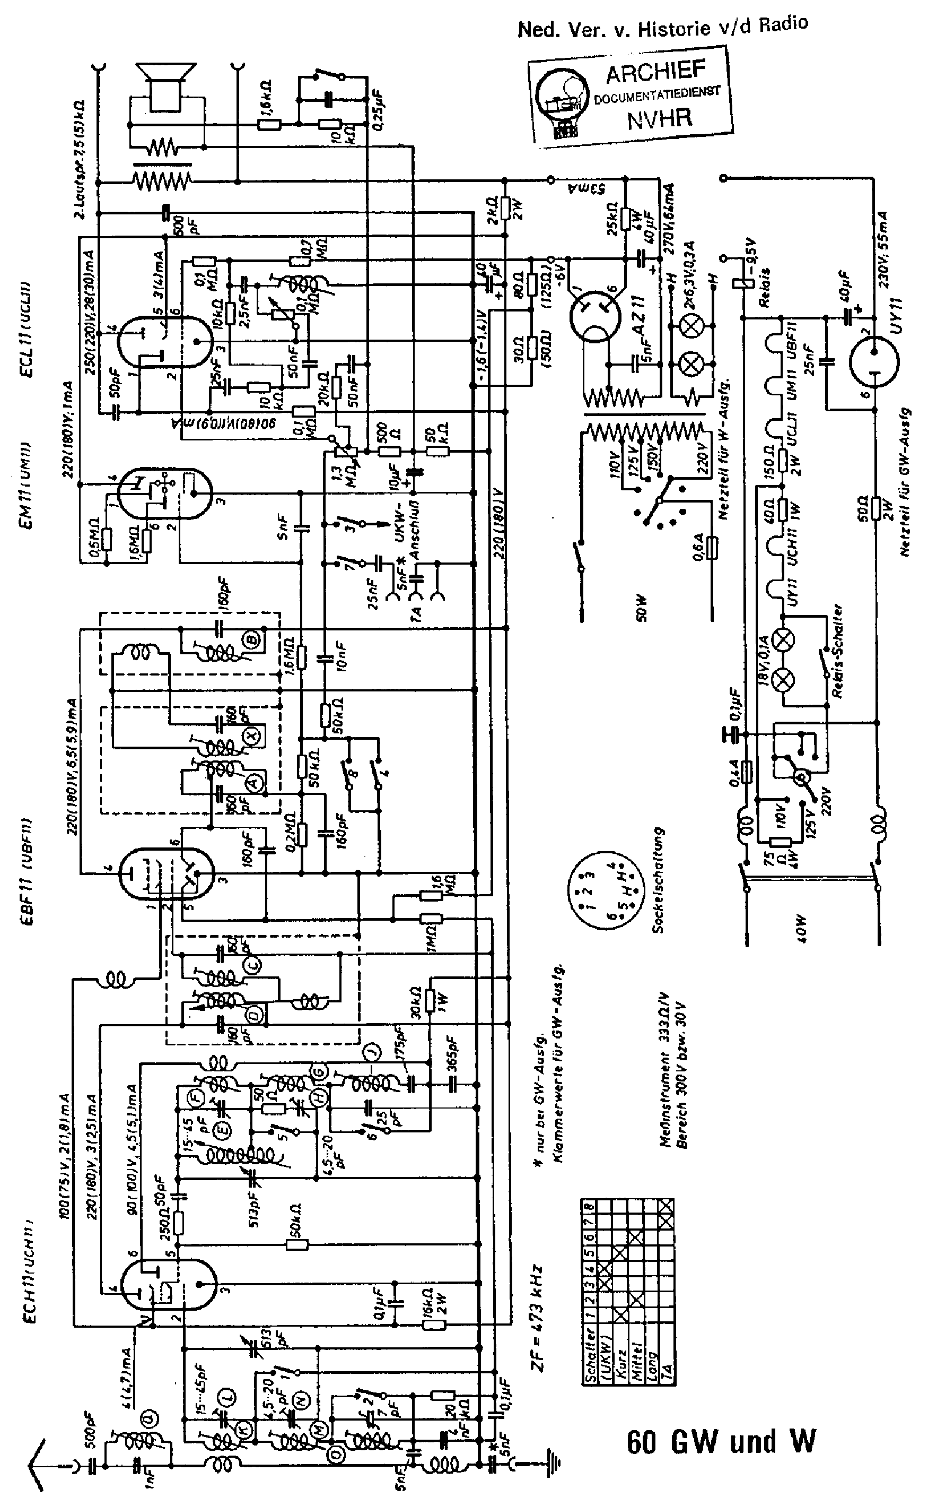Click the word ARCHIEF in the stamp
tap(655, 73)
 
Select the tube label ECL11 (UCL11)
tap(28, 328)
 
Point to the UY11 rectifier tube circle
tap(874, 360)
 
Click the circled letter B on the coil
tap(252, 640)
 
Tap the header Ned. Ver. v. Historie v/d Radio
tap(663, 27)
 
